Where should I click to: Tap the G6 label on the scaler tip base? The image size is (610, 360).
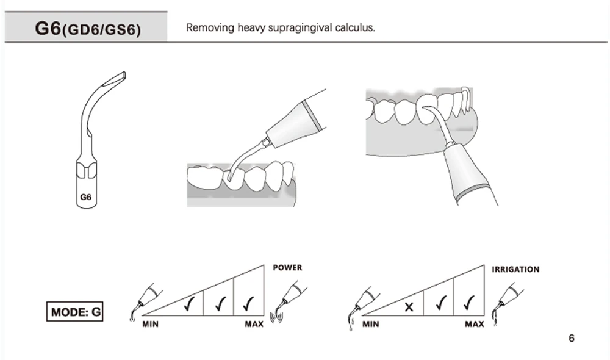(x=85, y=197)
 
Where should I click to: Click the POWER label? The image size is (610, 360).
(x=287, y=268)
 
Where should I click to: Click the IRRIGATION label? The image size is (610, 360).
(x=515, y=269)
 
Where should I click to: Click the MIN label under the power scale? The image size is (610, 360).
(x=151, y=324)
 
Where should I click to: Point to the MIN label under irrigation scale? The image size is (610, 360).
(x=371, y=324)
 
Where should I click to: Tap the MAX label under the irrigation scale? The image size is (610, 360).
(x=474, y=324)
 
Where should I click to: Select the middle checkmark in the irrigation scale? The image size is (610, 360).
(x=442, y=301)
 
